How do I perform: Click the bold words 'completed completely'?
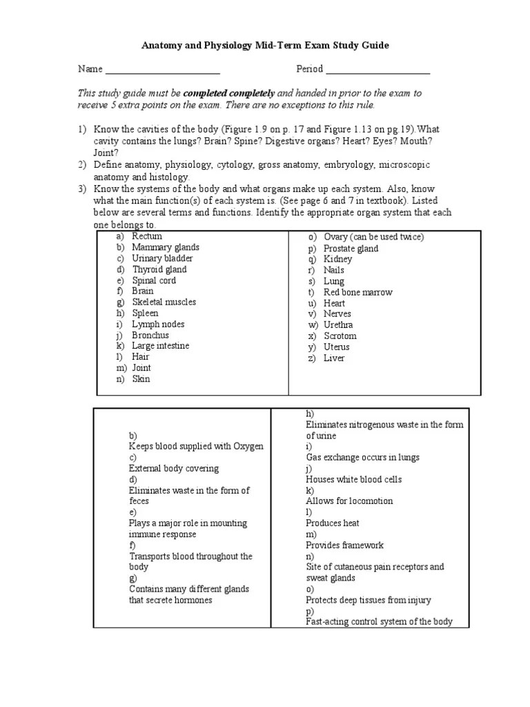click(229, 93)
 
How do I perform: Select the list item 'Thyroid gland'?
click(159, 269)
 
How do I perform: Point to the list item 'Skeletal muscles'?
click(164, 302)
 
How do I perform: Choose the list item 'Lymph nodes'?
click(158, 324)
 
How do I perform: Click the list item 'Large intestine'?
click(160, 345)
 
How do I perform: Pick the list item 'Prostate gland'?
click(351, 249)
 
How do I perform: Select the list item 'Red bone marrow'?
click(357, 292)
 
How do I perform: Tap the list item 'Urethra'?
click(338, 325)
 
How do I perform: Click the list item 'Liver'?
click(334, 358)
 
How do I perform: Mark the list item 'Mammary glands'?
click(166, 247)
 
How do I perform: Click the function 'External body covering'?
click(173, 468)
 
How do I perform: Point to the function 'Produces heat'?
click(333, 523)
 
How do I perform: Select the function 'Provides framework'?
click(344, 545)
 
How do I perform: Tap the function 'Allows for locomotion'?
click(349, 501)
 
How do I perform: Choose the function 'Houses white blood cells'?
click(353, 479)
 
